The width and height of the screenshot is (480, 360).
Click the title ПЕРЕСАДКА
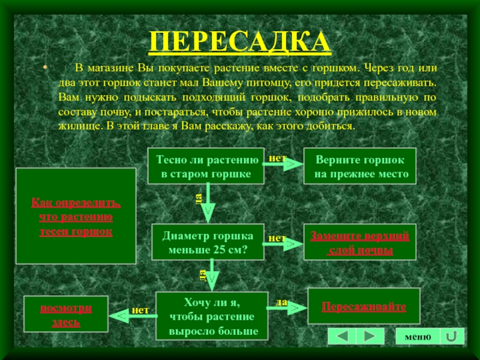(240, 41)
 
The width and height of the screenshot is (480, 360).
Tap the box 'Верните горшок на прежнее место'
(359, 167)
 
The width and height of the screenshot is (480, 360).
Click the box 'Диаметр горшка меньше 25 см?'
(208, 242)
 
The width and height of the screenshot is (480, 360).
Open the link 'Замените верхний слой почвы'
(359, 242)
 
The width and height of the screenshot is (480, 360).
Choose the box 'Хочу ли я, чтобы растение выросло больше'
(211, 316)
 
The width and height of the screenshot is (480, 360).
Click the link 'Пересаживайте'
(363, 307)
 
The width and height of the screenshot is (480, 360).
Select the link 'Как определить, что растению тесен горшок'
(76, 216)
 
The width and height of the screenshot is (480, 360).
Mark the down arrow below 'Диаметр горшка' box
(210, 277)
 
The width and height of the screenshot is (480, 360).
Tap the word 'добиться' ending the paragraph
(336, 127)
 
